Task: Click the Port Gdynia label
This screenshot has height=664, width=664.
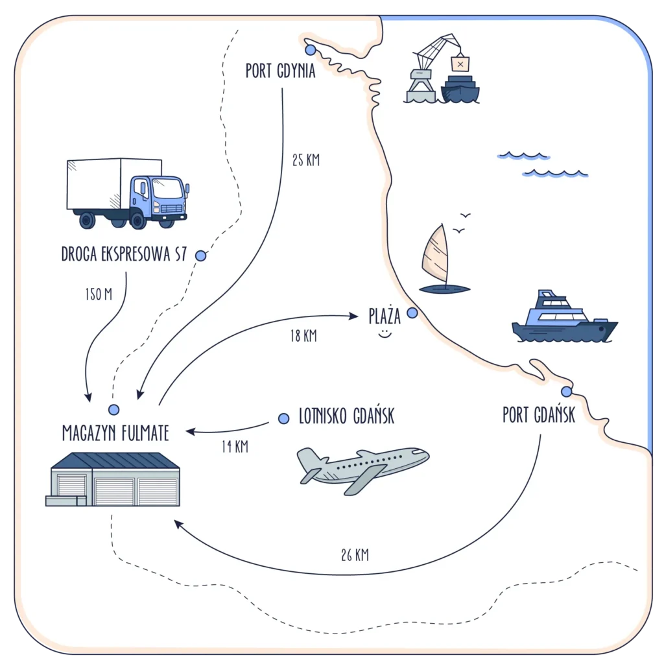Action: pos(280,71)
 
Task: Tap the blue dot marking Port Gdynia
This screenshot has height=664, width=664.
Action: pos(310,49)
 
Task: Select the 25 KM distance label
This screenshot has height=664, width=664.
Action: pos(305,160)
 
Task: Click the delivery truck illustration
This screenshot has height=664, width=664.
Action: pos(127,193)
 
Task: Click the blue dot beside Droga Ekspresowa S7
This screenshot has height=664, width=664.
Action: pos(201,255)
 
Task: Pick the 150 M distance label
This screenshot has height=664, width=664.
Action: pos(99,295)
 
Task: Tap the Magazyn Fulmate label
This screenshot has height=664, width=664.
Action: pos(115,433)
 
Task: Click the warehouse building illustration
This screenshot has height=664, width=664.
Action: pos(113,479)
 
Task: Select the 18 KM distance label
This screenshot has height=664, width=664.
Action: pos(303,336)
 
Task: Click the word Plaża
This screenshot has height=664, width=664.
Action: pos(385,316)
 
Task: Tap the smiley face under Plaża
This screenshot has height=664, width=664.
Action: pos(385,334)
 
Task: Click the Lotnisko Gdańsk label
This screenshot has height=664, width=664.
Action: pos(346,416)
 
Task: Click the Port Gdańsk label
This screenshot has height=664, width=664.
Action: pos(539,415)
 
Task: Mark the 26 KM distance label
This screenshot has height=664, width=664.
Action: pos(355,554)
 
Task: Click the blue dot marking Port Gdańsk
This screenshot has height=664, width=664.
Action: pos(566,391)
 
